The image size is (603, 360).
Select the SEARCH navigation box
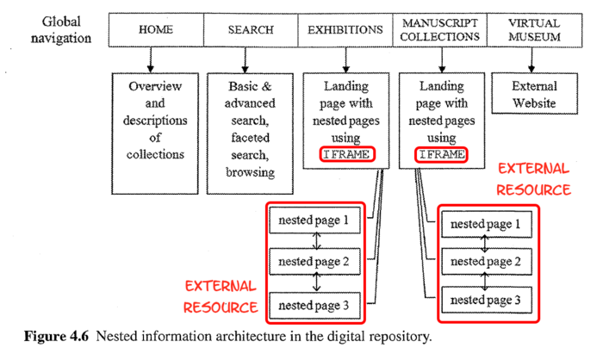[x=250, y=30]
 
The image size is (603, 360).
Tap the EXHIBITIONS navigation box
[x=345, y=30]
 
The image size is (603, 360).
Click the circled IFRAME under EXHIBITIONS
[x=346, y=155]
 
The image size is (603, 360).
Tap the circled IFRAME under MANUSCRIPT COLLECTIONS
[x=441, y=155]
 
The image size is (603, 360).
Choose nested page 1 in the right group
[x=487, y=224]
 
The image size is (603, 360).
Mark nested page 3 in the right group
[x=487, y=300]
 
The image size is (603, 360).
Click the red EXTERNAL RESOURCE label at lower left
[x=220, y=295]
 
